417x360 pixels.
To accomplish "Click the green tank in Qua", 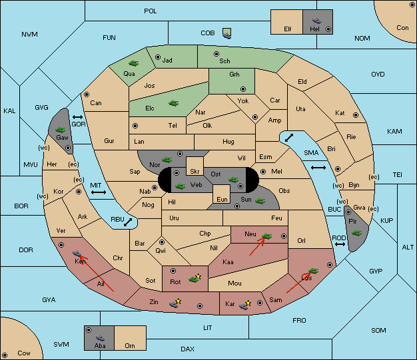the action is pyautogui.click(x=133, y=63).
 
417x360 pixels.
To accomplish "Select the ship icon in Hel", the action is pyautogui.click(x=316, y=21).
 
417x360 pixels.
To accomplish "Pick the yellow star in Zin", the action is pyautogui.click(x=178, y=301).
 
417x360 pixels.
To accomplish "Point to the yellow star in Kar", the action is pyautogui.click(x=248, y=303).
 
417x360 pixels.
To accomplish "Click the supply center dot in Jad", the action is pyautogui.click(x=158, y=57).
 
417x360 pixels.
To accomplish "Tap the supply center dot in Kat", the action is pyautogui.click(x=356, y=115).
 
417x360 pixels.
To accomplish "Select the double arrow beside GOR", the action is pyautogui.click(x=78, y=117).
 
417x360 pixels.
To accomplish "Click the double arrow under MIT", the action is pyautogui.click(x=99, y=192).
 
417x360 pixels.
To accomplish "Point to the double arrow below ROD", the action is pyautogui.click(x=340, y=244).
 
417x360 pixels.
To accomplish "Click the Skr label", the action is pyautogui.click(x=195, y=172).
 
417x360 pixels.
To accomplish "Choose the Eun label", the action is pyautogui.click(x=222, y=199).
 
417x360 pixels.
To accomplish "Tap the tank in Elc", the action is pyautogui.click(x=173, y=103).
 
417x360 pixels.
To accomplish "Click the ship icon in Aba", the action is pyautogui.click(x=101, y=338).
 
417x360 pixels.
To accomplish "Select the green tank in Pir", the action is pyautogui.click(x=356, y=233).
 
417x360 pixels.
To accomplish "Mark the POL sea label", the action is pyautogui.click(x=151, y=11).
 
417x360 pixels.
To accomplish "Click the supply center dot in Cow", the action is pyautogui.click(x=5, y=355).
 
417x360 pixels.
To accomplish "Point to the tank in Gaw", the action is pyautogui.click(x=61, y=130).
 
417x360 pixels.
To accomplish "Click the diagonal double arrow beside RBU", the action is pyautogui.click(x=128, y=222).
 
